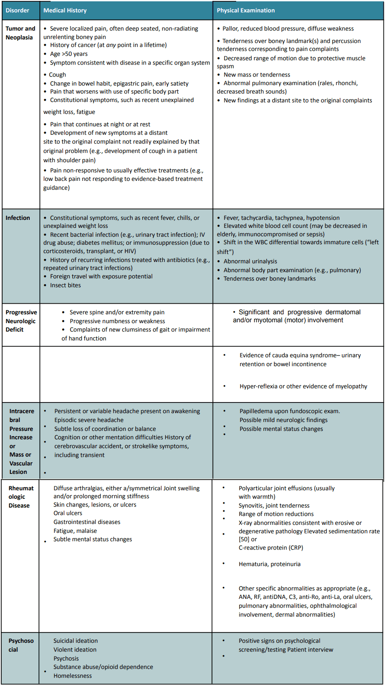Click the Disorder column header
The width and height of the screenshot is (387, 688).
tap(17, 10)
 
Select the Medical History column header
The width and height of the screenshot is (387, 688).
tap(65, 10)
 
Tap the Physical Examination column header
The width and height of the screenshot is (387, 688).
tap(245, 10)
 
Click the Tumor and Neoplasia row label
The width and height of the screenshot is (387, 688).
tap(20, 33)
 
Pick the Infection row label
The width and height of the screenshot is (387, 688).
tap(18, 218)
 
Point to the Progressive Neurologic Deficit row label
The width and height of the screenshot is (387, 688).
tap(21, 321)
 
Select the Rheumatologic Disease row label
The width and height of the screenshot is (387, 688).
tap(21, 496)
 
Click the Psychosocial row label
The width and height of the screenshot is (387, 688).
tap(21, 645)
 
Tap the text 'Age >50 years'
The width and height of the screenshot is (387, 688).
tap(69, 54)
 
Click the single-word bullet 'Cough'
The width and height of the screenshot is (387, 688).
tap(58, 74)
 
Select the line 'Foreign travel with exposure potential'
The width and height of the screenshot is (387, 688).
tap(101, 276)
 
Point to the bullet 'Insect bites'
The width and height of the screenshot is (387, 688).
tap(65, 285)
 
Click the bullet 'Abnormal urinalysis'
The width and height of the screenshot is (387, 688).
tap(250, 261)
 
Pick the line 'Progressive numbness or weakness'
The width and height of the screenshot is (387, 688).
tap(117, 321)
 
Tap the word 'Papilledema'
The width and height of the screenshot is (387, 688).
tap(256, 411)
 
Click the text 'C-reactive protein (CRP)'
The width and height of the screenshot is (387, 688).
tap(271, 547)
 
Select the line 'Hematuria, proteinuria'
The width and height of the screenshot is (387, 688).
tap(269, 564)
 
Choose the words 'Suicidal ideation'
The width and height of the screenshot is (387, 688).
tap(75, 641)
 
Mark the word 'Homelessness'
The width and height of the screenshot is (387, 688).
tap(73, 676)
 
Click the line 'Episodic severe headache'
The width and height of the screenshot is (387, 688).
tap(89, 420)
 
